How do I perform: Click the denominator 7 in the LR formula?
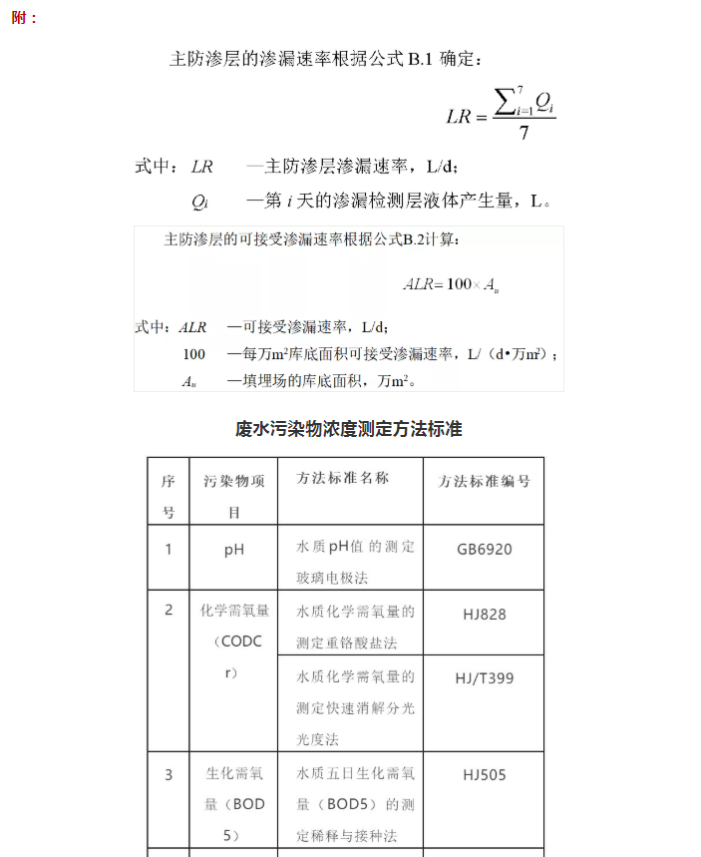(524, 134)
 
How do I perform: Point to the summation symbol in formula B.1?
(508, 101)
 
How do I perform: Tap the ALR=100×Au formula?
(451, 285)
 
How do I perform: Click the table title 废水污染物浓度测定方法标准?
(349, 429)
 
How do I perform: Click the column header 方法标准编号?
(485, 481)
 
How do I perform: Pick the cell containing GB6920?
(485, 549)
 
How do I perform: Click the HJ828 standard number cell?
(485, 615)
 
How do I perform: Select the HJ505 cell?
(485, 774)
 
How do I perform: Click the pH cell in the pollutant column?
(234, 549)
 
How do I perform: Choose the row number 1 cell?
(169, 549)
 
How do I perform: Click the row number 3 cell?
(169, 774)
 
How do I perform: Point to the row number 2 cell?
(169, 610)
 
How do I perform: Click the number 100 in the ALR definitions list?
(194, 354)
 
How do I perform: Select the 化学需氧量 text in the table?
(234, 611)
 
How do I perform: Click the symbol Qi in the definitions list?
(199, 202)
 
